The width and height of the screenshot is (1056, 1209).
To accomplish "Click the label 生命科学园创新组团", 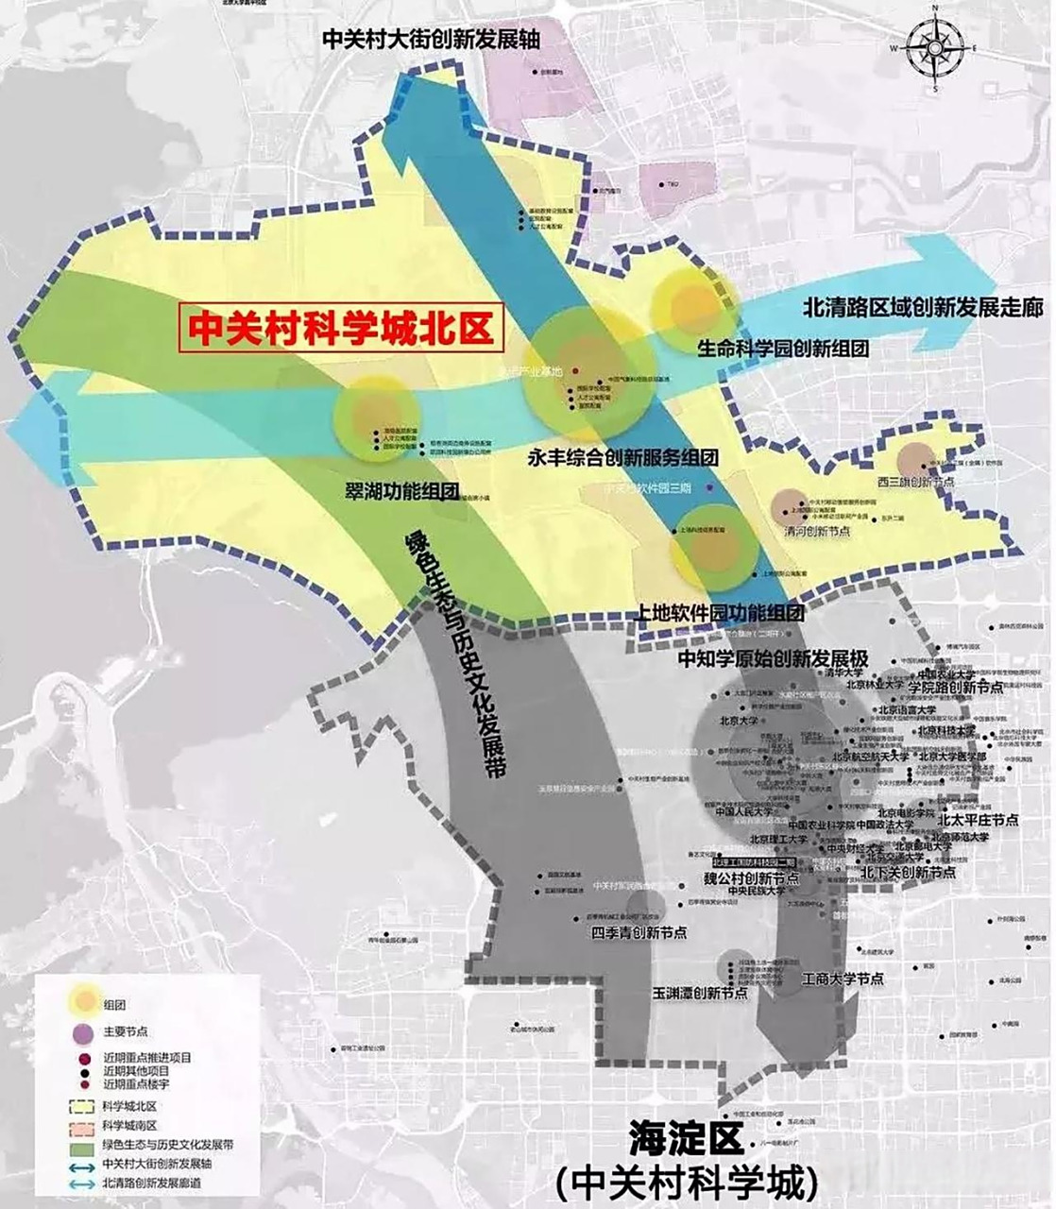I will [x=783, y=349].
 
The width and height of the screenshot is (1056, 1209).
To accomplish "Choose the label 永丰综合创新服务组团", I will [x=622, y=457].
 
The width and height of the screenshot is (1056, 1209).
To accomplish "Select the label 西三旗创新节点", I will [x=917, y=483].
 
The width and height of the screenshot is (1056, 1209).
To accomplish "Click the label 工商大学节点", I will [x=842, y=979].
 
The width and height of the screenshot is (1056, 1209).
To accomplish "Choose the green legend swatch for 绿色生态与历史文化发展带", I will [x=81, y=1145].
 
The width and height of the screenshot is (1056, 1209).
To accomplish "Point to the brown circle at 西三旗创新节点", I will [x=914, y=460].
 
